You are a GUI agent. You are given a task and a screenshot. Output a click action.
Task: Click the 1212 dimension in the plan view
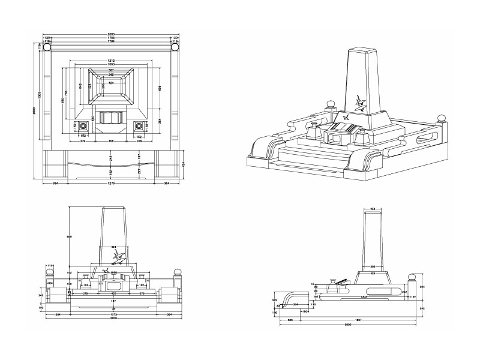112,61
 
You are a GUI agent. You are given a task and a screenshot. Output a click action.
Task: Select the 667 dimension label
112,70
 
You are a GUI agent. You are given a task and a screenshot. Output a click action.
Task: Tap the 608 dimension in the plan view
160,88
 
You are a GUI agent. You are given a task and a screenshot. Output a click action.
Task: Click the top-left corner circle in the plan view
47,46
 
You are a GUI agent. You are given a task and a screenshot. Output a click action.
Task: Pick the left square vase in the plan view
84,126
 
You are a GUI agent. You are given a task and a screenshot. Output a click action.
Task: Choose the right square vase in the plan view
139,126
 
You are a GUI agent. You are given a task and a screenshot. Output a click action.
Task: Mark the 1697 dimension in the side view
359,320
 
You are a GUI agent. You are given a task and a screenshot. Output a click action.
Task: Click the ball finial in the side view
412,278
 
